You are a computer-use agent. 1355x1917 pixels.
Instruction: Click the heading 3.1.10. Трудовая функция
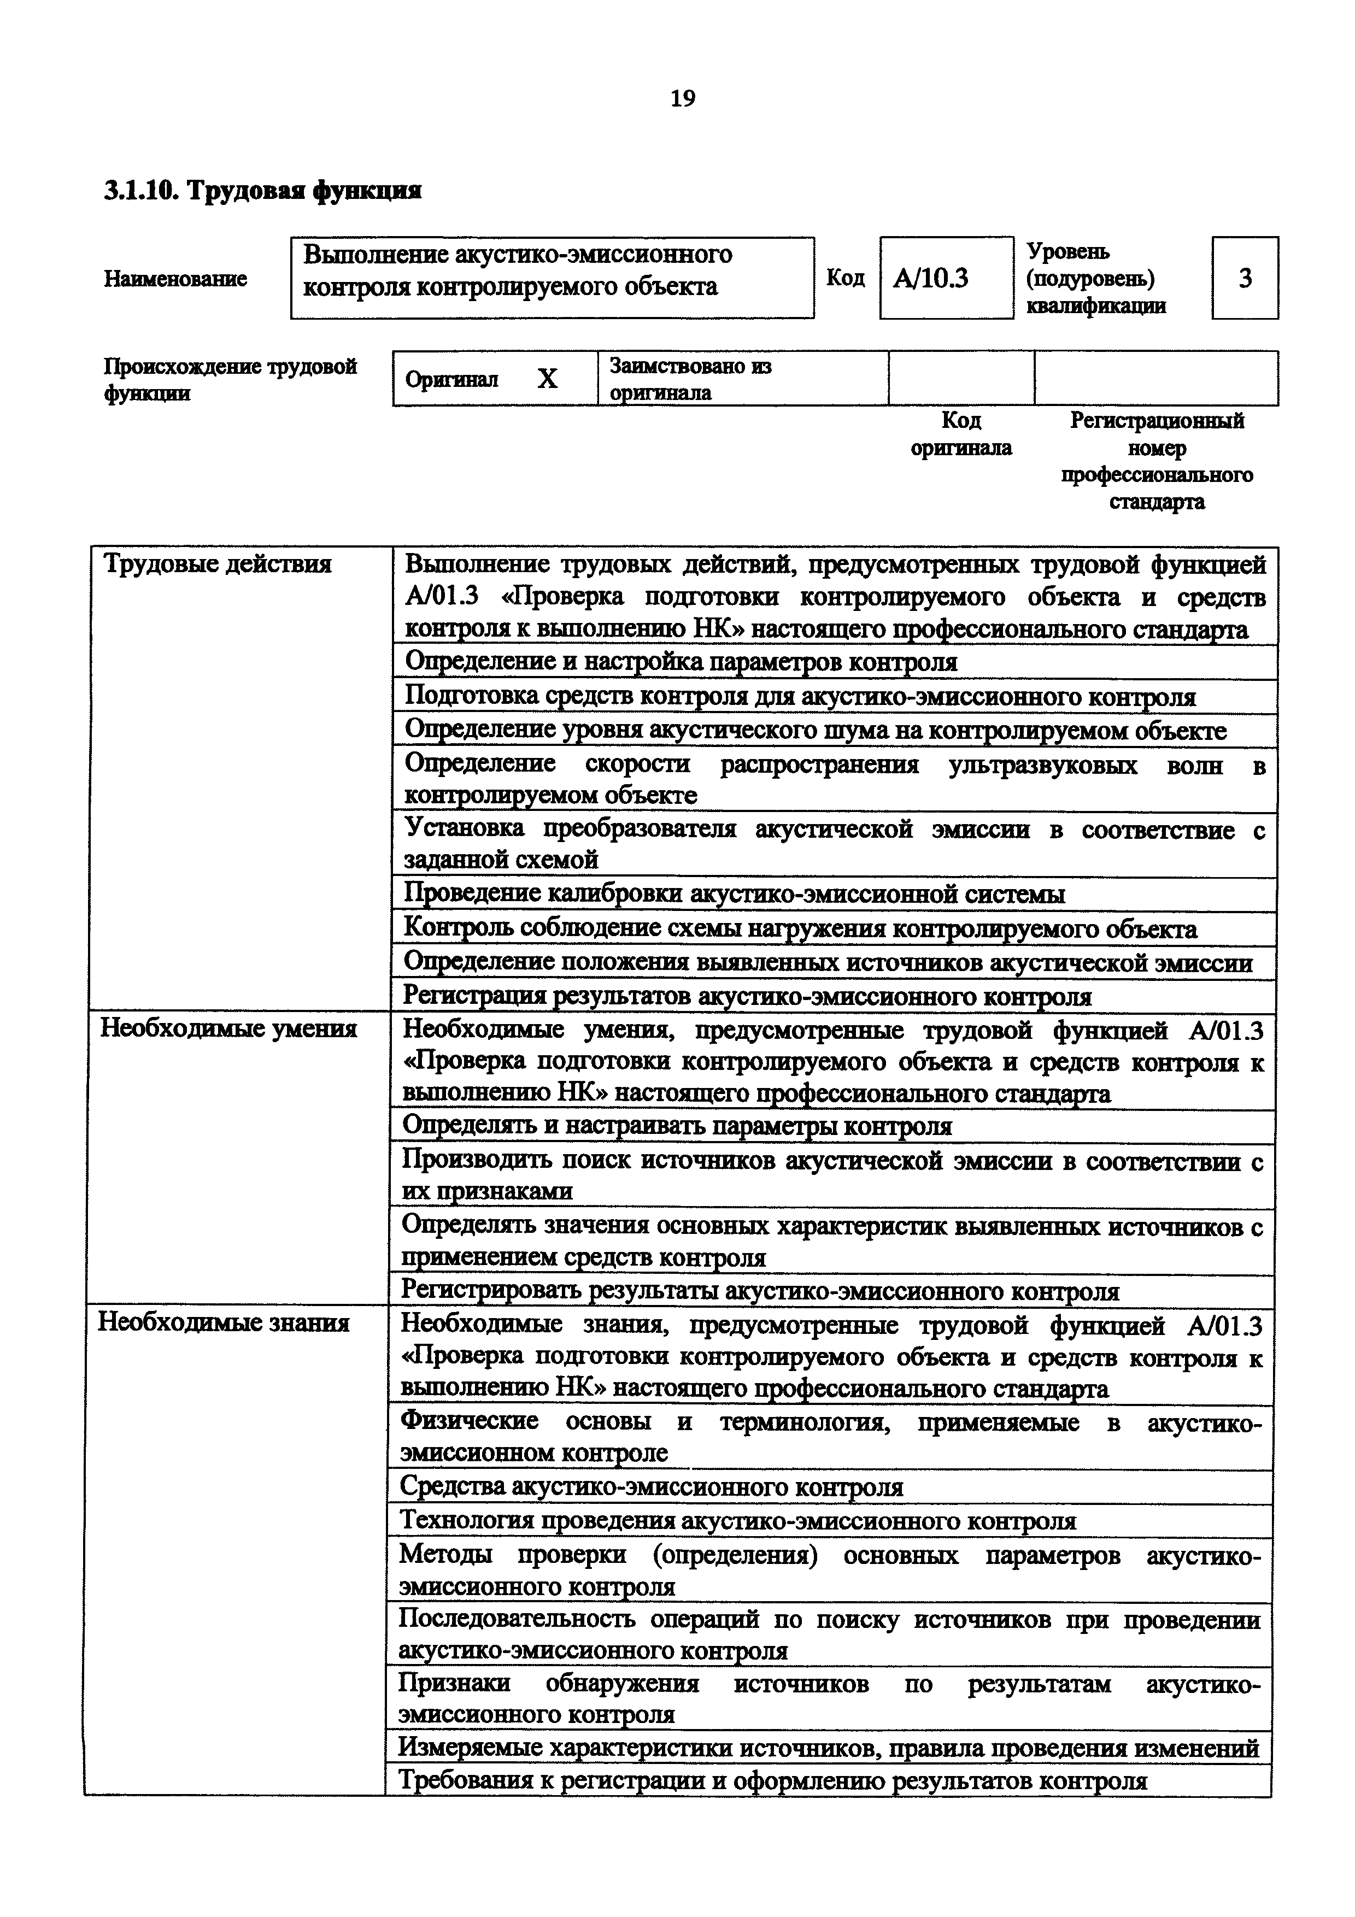[x=262, y=191]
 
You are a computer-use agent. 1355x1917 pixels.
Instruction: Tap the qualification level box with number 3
[x=1244, y=278]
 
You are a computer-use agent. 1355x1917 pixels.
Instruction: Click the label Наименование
[x=175, y=279]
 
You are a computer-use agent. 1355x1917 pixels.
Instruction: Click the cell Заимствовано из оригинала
[x=691, y=379]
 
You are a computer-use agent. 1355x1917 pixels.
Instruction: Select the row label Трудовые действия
[x=217, y=564]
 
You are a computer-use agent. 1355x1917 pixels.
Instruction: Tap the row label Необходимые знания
[x=224, y=1324]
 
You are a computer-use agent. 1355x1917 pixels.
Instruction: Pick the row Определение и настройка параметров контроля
[x=681, y=663]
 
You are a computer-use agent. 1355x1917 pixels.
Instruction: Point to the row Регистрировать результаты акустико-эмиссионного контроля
[x=760, y=1292]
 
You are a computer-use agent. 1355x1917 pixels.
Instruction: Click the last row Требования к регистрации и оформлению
[x=773, y=1781]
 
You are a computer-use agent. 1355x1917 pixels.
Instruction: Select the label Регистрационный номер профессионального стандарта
[x=1156, y=461]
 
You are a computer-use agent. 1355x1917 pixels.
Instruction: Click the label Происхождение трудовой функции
[x=230, y=380]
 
